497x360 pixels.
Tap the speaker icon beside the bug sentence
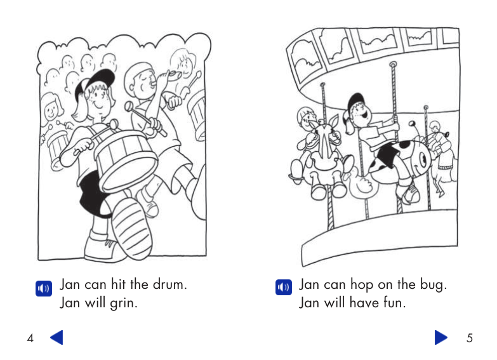click(284, 287)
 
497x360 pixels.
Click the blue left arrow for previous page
click(56, 337)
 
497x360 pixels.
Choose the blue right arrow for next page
click(441, 337)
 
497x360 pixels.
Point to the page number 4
click(30, 338)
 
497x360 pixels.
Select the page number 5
click(470, 338)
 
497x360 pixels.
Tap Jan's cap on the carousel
click(357, 100)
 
